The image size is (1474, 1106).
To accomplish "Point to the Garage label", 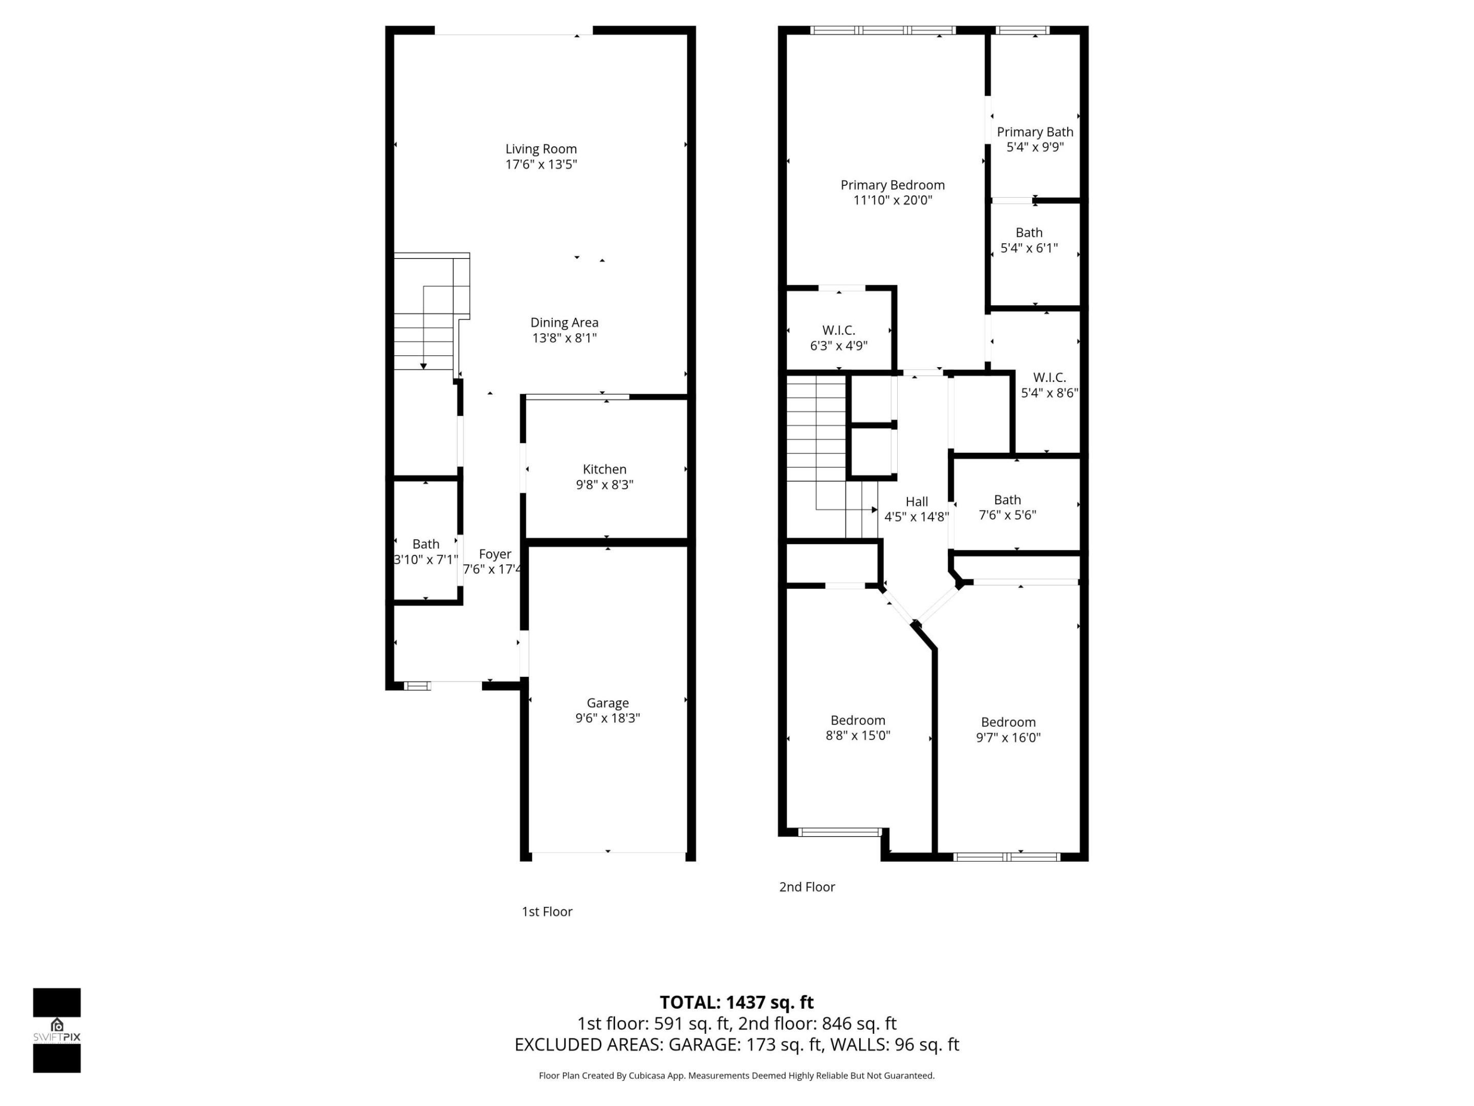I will tap(607, 703).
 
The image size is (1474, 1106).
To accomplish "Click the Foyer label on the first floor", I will tap(494, 554).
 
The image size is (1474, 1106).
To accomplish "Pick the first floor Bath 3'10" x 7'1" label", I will tap(425, 544).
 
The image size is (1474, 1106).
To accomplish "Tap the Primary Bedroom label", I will tap(892, 185).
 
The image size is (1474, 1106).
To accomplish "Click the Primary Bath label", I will tap(1034, 132).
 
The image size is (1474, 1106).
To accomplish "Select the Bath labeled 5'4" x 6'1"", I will tap(1028, 232).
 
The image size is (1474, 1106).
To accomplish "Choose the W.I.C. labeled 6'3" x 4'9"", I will tap(838, 330).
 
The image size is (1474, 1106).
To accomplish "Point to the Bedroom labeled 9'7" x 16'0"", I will tap(1008, 722).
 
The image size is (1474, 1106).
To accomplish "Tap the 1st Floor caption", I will tap(547, 911).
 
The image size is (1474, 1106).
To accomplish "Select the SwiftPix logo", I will tap(57, 1030).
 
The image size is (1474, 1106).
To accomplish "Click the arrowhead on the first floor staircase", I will tap(423, 366).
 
